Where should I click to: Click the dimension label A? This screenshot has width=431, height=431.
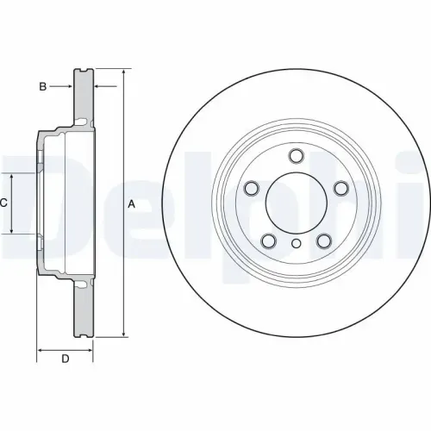point(131,204)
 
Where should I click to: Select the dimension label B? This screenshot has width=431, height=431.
point(41,86)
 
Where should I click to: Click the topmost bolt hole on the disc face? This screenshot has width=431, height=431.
point(296,156)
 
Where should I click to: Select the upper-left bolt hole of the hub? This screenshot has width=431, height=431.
point(253,187)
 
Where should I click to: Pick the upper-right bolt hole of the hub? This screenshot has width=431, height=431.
point(338,187)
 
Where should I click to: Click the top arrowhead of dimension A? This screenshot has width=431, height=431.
point(123,72)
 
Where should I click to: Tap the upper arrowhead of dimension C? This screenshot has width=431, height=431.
point(12,176)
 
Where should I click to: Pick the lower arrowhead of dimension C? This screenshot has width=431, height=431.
point(12,230)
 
